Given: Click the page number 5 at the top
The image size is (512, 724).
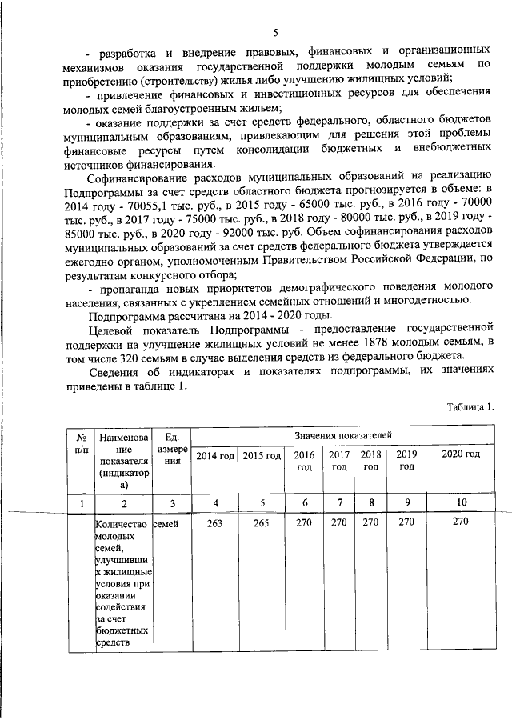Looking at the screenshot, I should [x=274, y=33].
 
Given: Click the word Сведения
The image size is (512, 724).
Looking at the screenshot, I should [x=117, y=374].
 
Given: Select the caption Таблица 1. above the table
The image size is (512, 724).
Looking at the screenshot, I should [x=471, y=406].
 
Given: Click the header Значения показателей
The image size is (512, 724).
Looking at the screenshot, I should [x=342, y=434].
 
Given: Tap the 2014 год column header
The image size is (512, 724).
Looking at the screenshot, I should [x=215, y=456].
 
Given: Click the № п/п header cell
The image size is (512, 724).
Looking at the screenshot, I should [x=80, y=444].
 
